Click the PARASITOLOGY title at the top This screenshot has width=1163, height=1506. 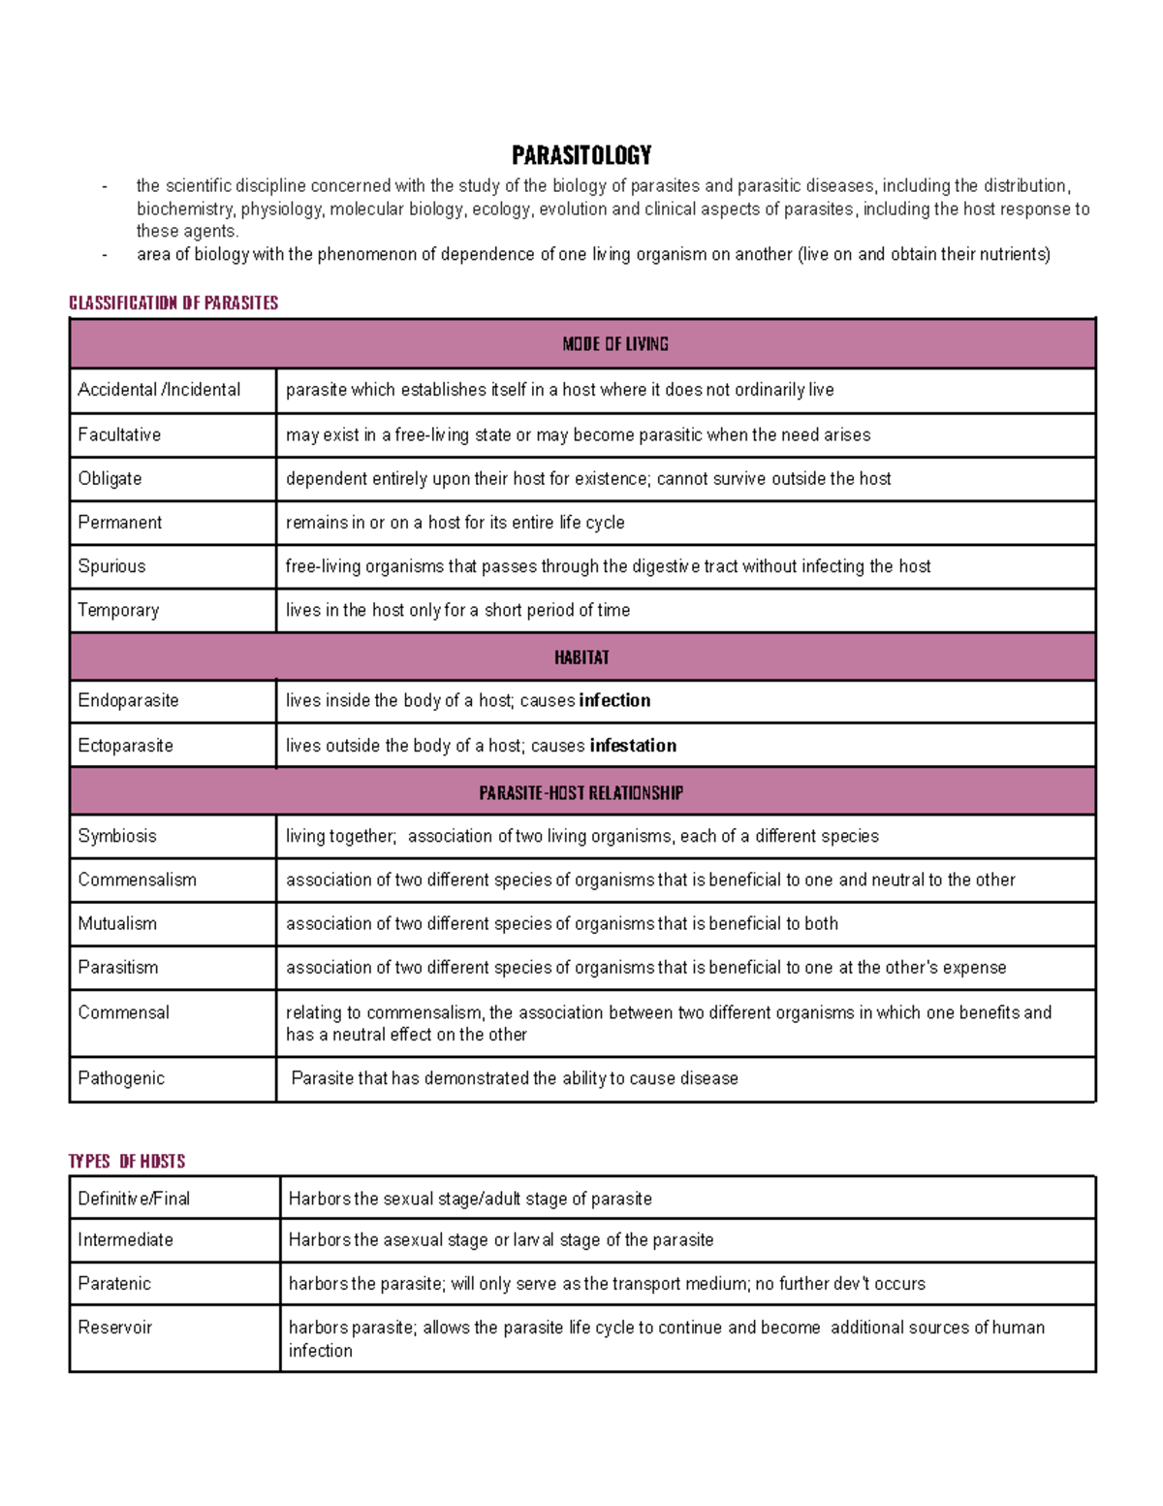(x=581, y=155)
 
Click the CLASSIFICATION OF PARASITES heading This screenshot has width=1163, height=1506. (x=173, y=303)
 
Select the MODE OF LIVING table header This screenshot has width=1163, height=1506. (x=615, y=344)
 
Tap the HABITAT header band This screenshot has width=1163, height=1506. (x=581, y=657)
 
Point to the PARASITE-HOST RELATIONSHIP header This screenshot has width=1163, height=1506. (x=581, y=793)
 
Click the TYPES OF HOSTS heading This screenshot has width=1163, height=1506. (x=127, y=1161)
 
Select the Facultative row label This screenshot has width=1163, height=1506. (x=120, y=434)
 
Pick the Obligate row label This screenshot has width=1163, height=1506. (x=110, y=478)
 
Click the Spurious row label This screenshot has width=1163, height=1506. (x=112, y=566)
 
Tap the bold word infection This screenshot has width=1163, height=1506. (x=614, y=700)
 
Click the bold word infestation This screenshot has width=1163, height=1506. (x=633, y=746)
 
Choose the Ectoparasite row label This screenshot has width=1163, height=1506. (x=126, y=746)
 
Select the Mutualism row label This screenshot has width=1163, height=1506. (x=117, y=923)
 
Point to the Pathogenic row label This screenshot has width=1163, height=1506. (x=121, y=1078)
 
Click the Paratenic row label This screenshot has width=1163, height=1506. (x=114, y=1283)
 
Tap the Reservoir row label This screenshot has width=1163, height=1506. (x=115, y=1327)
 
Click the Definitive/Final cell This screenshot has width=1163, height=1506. (x=135, y=1199)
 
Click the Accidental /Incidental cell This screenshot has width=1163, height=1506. (x=159, y=390)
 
